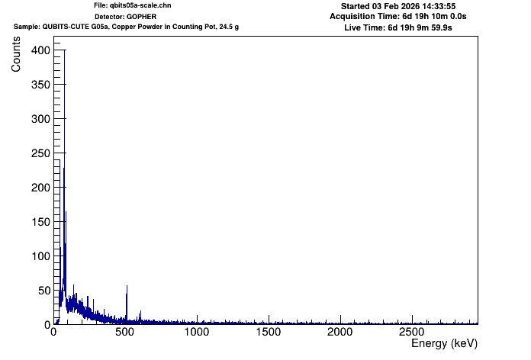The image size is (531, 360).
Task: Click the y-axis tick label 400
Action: click(40, 50)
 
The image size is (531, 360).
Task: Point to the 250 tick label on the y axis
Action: click(40, 153)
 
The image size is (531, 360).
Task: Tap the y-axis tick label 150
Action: click(40, 221)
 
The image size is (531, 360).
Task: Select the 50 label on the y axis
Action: click(43, 290)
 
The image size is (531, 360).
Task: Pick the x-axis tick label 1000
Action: click(196, 333)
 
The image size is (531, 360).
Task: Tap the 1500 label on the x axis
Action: click(268, 333)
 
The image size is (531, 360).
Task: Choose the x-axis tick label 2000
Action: click(340, 333)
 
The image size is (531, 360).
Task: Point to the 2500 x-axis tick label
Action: click(411, 333)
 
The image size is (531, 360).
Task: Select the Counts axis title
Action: click(16, 57)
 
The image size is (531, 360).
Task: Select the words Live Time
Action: click(365, 27)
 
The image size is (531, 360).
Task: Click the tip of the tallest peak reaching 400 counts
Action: click(64, 50)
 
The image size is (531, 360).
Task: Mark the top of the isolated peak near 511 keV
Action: click(127, 286)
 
